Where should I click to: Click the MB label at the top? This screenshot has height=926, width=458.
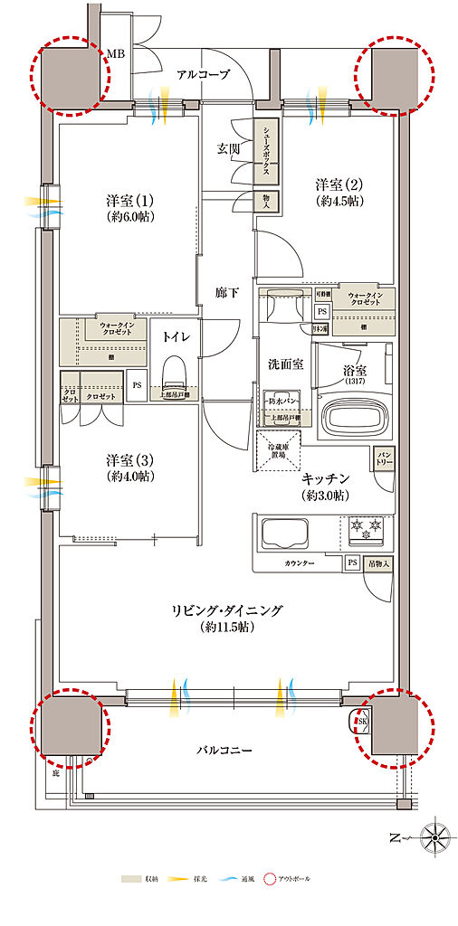tap(117, 55)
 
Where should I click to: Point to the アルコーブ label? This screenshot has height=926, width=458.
tap(202, 75)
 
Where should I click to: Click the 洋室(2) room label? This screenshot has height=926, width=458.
tap(339, 191)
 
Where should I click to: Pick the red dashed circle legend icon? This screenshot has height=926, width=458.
tap(271, 878)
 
